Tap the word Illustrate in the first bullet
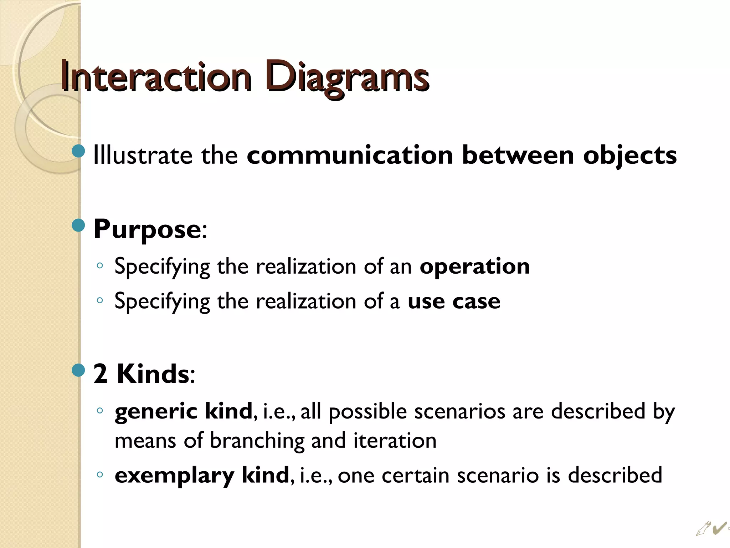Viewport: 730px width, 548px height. [x=142, y=156]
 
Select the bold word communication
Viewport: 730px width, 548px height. [x=350, y=156]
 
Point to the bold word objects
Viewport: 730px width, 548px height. [x=629, y=156]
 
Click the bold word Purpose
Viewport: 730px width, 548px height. [x=147, y=229]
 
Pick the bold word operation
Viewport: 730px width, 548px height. [x=474, y=267]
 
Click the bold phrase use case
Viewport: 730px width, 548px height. [x=454, y=301]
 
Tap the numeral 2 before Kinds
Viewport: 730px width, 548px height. [x=101, y=374]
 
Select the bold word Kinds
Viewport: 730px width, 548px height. [x=153, y=374]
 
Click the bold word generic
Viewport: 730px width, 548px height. [x=156, y=412]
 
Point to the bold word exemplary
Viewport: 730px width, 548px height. [x=174, y=476]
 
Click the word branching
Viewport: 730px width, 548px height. [x=257, y=441]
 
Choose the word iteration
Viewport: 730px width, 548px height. [x=395, y=441]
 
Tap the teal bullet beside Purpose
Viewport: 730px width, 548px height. [x=78, y=225]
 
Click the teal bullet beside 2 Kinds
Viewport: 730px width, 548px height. [x=78, y=370]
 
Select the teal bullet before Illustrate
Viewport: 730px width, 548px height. [x=78, y=151]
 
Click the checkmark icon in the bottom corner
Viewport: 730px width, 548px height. [x=719, y=528]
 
